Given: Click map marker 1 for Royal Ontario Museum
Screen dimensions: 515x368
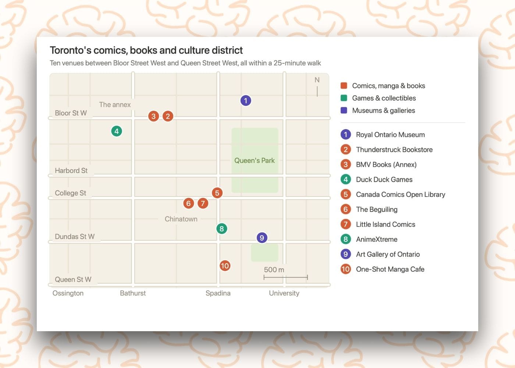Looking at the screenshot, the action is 246,100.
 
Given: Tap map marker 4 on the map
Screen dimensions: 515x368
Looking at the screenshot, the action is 117,131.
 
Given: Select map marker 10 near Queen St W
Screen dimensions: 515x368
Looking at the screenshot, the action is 225,266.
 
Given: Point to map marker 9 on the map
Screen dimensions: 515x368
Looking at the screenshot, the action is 262,238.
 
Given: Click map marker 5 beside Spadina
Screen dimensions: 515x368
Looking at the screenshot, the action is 217,193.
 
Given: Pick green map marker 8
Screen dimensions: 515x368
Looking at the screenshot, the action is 221,229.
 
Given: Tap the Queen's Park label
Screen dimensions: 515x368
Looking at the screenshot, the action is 254,160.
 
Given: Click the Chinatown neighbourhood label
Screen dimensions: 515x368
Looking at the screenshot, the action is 181,219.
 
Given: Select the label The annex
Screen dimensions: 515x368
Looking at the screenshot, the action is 115,105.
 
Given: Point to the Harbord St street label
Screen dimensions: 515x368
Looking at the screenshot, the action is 71,170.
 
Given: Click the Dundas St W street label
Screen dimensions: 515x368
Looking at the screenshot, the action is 75,236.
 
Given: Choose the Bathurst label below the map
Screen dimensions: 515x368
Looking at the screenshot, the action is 133,293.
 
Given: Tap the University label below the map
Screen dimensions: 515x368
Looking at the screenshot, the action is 284,293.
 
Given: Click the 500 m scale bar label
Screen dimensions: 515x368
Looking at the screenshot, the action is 274,269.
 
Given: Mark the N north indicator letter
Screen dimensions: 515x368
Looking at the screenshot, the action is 317,80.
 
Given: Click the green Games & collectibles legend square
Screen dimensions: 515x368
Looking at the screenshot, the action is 344,98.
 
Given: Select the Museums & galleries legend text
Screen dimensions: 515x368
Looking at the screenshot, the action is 383,110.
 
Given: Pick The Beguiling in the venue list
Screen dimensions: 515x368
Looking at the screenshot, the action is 377,209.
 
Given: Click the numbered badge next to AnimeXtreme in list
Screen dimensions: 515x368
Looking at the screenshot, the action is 345,239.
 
